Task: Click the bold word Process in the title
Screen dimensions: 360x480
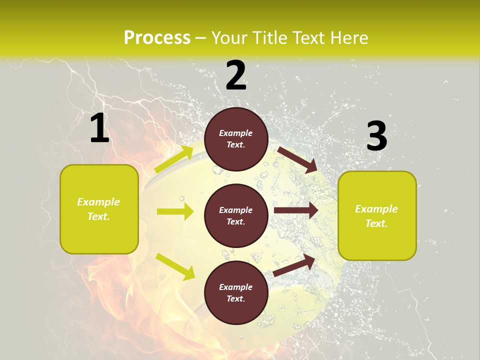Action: (x=157, y=37)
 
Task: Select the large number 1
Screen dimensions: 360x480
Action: (x=99, y=128)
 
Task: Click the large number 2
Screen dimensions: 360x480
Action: (x=236, y=75)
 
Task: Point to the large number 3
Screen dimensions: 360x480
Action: (x=376, y=136)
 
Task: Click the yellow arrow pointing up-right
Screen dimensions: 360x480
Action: (x=174, y=159)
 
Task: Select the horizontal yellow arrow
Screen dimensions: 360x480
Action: (x=175, y=211)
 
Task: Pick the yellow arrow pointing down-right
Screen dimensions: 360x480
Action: (x=175, y=266)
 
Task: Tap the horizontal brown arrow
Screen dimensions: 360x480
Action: (x=295, y=210)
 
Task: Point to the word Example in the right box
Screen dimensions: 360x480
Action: (x=376, y=209)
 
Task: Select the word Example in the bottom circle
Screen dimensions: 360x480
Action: (x=236, y=287)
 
